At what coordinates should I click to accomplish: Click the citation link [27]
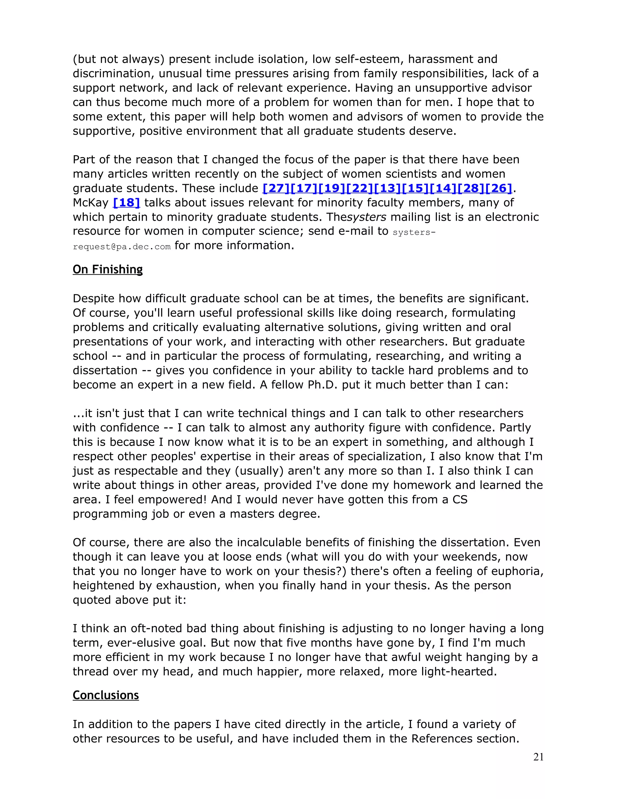pyautogui.click(x=276, y=188)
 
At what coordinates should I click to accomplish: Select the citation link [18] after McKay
pyautogui.click(x=127, y=202)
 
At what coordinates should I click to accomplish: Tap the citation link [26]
pyautogui.click(x=499, y=188)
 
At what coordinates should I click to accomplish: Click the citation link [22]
pyautogui.click(x=360, y=188)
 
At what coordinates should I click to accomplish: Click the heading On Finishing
pyautogui.click(x=108, y=269)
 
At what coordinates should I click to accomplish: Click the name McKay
pyautogui.click(x=91, y=202)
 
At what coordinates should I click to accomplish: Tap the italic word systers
pyautogui.click(x=367, y=217)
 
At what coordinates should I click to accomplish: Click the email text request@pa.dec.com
pyautogui.click(x=122, y=247)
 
